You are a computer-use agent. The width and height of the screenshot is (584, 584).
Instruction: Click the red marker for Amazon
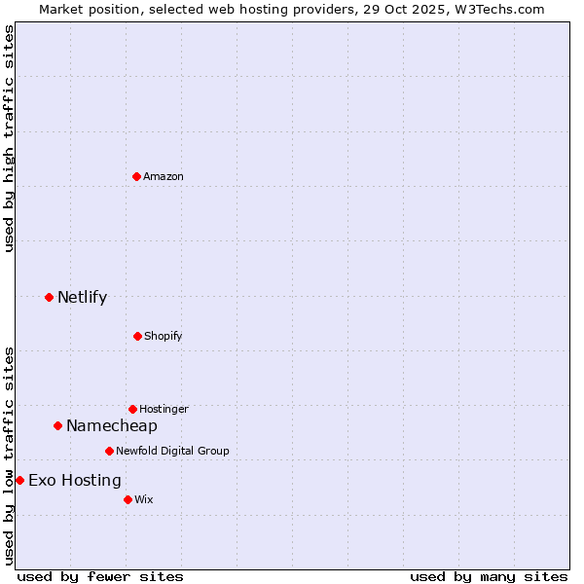click(136, 176)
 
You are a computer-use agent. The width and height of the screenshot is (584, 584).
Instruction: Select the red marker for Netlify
click(49, 297)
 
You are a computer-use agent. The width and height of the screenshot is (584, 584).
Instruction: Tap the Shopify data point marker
click(137, 336)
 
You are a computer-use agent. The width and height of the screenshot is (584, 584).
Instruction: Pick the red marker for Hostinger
click(132, 409)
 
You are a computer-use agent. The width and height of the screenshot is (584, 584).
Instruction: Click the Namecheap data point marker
click(57, 425)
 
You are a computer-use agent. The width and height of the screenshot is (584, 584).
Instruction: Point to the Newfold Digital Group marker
click(109, 451)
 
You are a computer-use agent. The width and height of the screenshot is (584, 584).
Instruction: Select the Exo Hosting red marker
click(19, 480)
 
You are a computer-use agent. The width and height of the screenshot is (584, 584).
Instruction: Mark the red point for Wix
click(128, 499)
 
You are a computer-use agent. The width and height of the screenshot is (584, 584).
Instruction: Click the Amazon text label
click(164, 176)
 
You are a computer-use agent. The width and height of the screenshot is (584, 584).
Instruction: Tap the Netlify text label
click(82, 297)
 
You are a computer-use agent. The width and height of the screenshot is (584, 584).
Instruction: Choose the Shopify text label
click(164, 336)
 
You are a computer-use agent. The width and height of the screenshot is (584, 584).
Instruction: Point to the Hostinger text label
click(164, 409)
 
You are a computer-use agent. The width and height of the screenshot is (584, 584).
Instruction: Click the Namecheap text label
click(112, 425)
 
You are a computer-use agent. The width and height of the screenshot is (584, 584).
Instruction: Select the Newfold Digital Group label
click(172, 451)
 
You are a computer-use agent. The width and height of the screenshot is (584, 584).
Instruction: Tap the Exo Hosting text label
click(75, 480)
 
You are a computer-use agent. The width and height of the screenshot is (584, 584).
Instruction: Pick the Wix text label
click(144, 499)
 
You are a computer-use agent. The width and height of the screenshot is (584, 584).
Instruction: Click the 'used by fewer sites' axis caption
click(100, 576)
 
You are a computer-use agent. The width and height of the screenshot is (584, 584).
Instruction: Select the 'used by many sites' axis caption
click(489, 576)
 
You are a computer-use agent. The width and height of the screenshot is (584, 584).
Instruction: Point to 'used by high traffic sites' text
click(10, 138)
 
